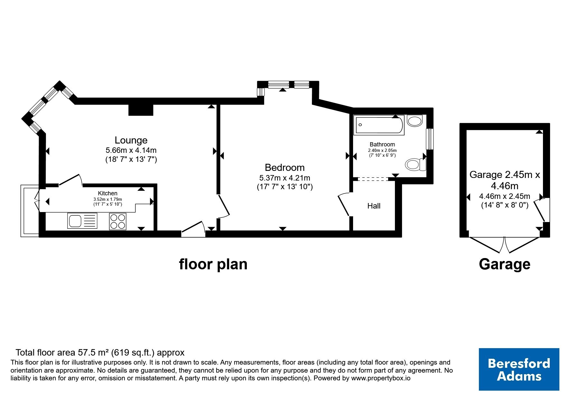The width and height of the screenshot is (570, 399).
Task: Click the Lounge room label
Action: (131, 140)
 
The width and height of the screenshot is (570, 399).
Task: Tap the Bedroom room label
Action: (285, 167)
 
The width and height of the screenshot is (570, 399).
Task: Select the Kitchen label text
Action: (107, 193)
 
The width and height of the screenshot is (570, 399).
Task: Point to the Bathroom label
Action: (382, 144)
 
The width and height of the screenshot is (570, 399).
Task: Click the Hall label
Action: (374, 206)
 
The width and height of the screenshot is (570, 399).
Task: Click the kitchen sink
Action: (82, 221)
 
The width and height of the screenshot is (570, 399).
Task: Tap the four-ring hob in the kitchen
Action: (118, 221)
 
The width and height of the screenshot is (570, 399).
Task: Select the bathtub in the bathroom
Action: (378, 125)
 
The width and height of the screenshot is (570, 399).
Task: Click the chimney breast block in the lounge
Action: (141, 110)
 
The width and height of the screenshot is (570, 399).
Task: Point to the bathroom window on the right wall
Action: (430, 139)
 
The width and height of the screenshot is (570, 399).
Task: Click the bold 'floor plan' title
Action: (213, 264)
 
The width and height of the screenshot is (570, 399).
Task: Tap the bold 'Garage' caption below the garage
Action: (504, 264)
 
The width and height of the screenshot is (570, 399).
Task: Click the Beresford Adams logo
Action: (519, 369)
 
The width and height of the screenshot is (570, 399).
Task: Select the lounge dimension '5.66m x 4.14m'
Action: (131, 150)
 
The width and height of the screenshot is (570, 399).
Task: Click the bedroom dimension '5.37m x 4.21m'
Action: (285, 178)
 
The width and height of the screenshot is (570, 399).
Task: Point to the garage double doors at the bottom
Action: (504, 245)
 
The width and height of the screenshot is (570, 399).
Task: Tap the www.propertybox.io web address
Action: (380, 378)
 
